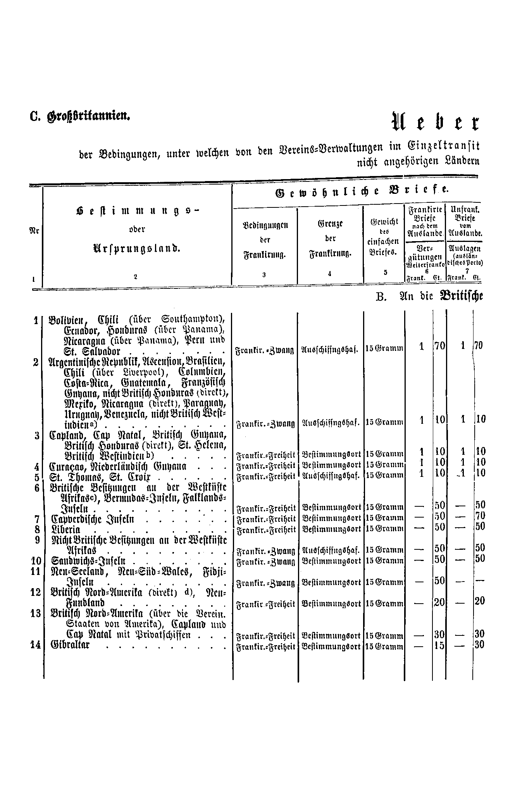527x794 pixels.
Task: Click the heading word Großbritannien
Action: pyautogui.click(x=88, y=116)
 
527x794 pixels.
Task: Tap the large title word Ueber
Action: pyautogui.click(x=436, y=122)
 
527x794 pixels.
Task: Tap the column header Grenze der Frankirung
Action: pyautogui.click(x=330, y=238)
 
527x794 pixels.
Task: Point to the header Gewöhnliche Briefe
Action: pyautogui.click(x=361, y=192)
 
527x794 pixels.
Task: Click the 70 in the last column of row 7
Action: pyautogui.click(x=480, y=516)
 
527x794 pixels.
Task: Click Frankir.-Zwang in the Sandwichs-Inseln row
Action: pyautogui.click(x=265, y=561)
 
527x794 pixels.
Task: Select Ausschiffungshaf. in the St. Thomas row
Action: pyautogui.click(x=331, y=475)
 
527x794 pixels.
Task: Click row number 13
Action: pyautogui.click(x=36, y=613)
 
